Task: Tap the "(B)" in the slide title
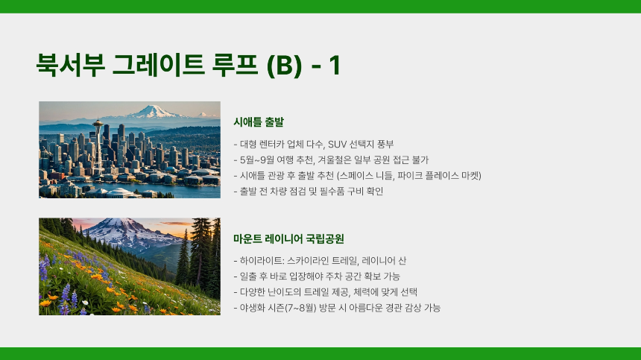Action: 284,66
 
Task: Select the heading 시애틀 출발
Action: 259,121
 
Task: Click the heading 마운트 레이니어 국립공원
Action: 288,239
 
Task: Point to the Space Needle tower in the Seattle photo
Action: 98,142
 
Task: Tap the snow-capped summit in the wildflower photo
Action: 112,226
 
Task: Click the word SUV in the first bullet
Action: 340,145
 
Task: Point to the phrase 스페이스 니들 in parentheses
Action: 363,176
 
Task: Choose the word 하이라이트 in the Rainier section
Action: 258,261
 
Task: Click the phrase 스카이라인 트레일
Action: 318,261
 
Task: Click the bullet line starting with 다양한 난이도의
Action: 326,292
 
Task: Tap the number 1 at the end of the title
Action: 334,66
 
